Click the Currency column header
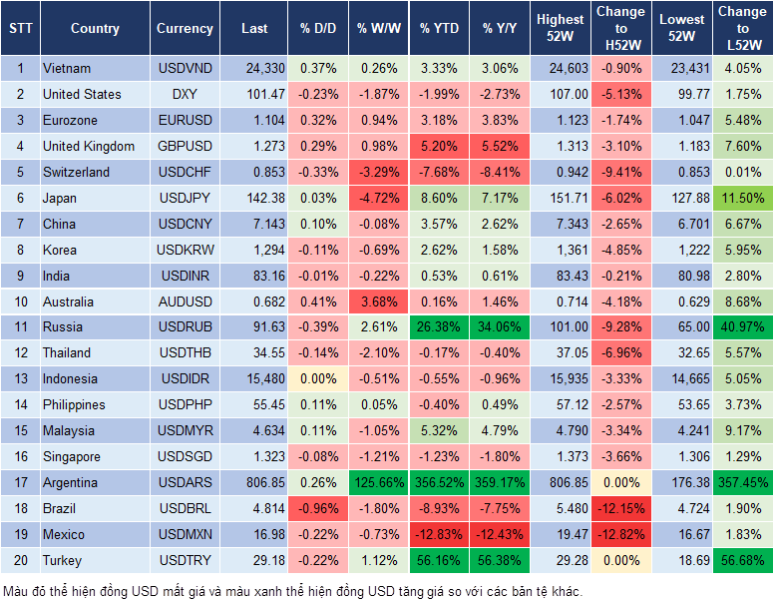(185, 29)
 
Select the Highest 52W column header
(560, 28)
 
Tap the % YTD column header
(439, 29)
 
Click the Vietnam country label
(67, 69)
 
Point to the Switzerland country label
(76, 172)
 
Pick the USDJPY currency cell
(185, 198)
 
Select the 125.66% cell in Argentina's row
(377, 482)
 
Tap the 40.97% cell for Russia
(743, 327)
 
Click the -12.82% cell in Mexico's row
(620, 534)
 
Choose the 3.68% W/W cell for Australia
(377, 301)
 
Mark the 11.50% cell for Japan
(743, 198)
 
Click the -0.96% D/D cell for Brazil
(317, 508)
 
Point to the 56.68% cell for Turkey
(743, 560)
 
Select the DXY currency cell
(185, 95)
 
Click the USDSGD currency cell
(185, 456)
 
